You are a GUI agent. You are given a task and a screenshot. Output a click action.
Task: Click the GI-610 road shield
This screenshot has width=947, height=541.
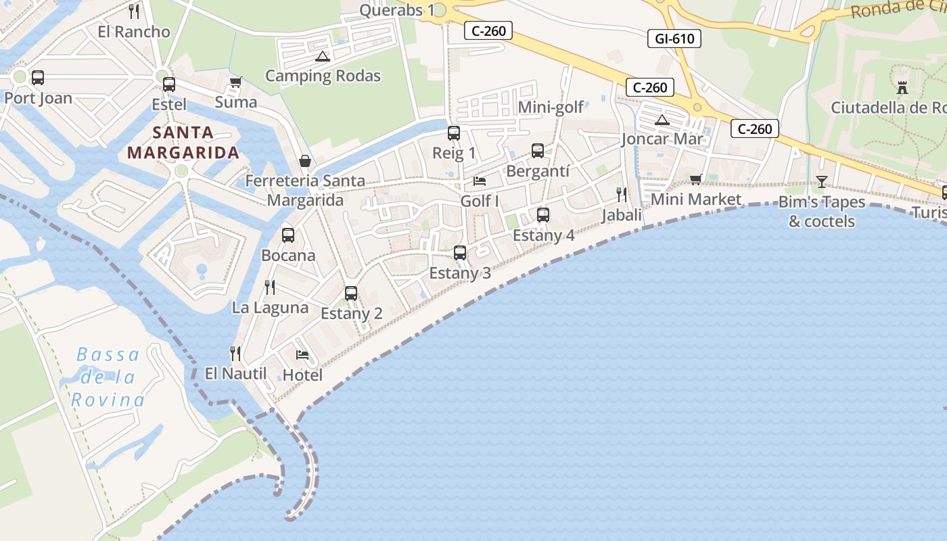click(674, 39)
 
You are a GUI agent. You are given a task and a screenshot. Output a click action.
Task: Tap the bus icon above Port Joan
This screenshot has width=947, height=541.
click(38, 78)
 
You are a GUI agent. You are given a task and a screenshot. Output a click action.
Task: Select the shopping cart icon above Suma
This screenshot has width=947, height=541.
click(235, 83)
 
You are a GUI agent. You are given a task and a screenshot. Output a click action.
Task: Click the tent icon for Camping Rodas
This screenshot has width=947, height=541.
click(323, 56)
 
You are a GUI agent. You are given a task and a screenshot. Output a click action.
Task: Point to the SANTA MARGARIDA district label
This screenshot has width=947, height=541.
click(183, 142)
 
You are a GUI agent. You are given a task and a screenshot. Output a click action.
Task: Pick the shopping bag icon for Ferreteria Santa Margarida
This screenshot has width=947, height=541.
click(305, 161)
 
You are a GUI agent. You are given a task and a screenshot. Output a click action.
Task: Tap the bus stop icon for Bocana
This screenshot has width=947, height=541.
click(288, 235)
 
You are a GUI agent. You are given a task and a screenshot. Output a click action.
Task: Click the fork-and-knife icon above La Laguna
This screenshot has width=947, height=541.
click(270, 287)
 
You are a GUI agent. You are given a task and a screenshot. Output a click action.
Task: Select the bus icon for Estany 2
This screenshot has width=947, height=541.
click(351, 293)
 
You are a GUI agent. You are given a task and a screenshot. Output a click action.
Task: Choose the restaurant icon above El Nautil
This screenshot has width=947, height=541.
click(235, 353)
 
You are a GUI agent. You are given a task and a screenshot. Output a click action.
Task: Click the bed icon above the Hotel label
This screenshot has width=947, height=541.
click(302, 355)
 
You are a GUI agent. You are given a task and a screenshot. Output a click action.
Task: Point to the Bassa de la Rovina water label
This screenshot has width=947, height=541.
click(108, 377)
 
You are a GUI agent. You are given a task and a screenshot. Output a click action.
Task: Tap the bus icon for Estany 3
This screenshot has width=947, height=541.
click(460, 253)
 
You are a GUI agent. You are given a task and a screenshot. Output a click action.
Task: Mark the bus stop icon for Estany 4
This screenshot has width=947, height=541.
click(543, 215)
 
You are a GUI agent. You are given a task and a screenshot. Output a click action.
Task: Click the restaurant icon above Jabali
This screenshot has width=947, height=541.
click(622, 195)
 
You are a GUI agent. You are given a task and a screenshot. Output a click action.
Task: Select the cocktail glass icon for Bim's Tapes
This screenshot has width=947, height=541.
click(822, 181)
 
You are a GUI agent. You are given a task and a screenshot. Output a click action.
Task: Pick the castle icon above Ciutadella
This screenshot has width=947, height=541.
click(902, 87)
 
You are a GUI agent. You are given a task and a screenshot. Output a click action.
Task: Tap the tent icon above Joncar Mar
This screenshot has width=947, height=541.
click(662, 120)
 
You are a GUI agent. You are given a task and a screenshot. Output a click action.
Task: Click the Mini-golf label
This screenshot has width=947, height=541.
click(551, 108)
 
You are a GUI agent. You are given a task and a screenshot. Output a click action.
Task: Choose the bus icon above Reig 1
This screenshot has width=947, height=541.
click(454, 133)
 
